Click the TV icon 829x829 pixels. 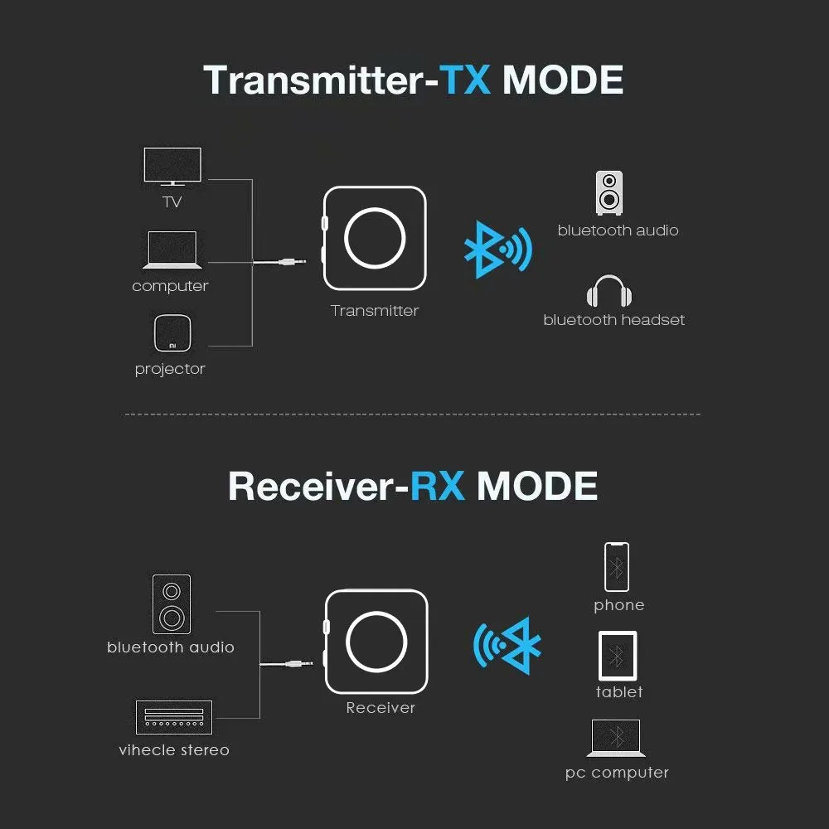pos(172,166)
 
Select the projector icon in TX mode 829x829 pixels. pos(172,334)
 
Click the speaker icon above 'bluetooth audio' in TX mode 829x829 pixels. pos(609,192)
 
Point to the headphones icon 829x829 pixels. pos(609,293)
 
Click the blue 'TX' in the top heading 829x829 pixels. pos(465,80)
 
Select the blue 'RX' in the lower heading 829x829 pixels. pos(438,486)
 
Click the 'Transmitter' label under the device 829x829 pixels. pos(375,311)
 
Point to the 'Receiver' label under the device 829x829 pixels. pos(381,708)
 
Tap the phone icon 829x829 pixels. pos(616,567)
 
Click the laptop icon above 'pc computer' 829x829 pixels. pos(616,738)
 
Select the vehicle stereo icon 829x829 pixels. pos(173,717)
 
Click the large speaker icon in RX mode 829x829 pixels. pos(172,604)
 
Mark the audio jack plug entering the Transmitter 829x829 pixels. pos(292,263)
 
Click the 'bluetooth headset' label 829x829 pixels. pos(614,320)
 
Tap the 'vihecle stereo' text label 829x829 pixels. pos(174,750)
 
